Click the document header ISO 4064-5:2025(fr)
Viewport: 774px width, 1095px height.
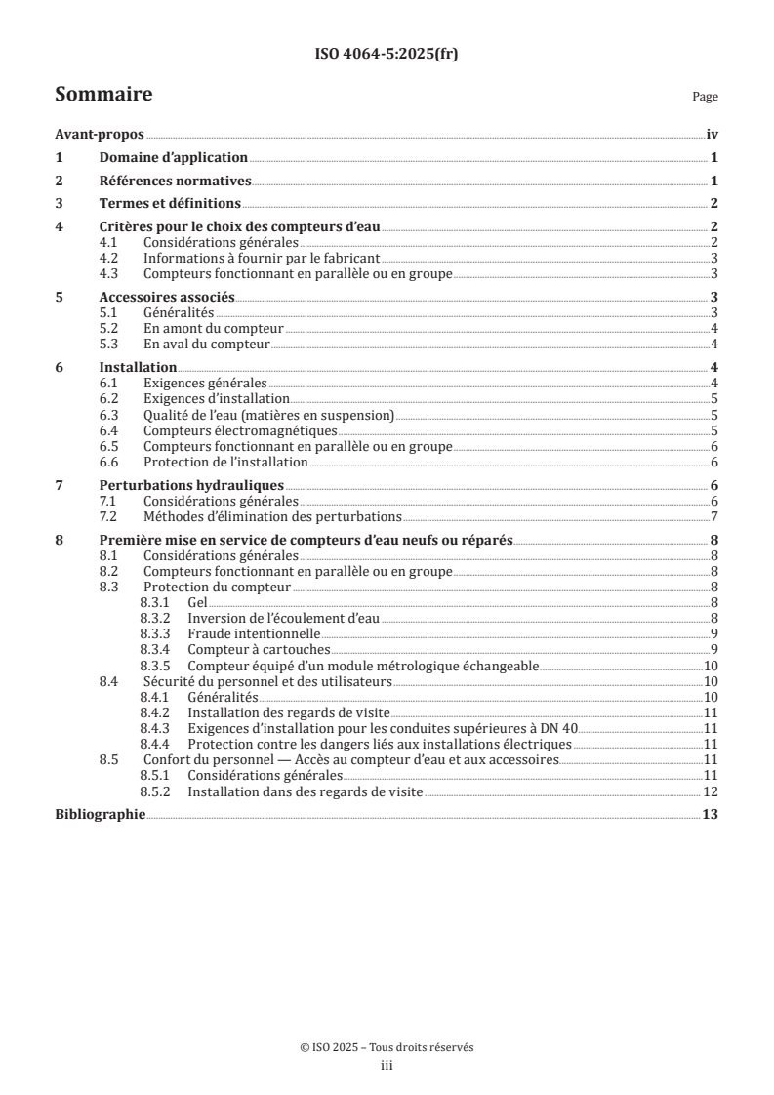tap(387, 55)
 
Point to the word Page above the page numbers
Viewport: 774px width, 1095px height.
tap(705, 98)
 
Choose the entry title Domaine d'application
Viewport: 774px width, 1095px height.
tap(174, 157)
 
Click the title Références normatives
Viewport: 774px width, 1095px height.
tap(176, 181)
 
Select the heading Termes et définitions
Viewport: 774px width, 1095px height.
tap(170, 203)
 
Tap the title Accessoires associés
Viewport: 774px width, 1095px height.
tap(167, 297)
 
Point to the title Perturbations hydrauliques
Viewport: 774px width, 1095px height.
tap(191, 485)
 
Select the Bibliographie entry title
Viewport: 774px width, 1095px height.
tap(100, 814)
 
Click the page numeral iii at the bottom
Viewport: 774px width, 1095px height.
tap(387, 1067)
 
